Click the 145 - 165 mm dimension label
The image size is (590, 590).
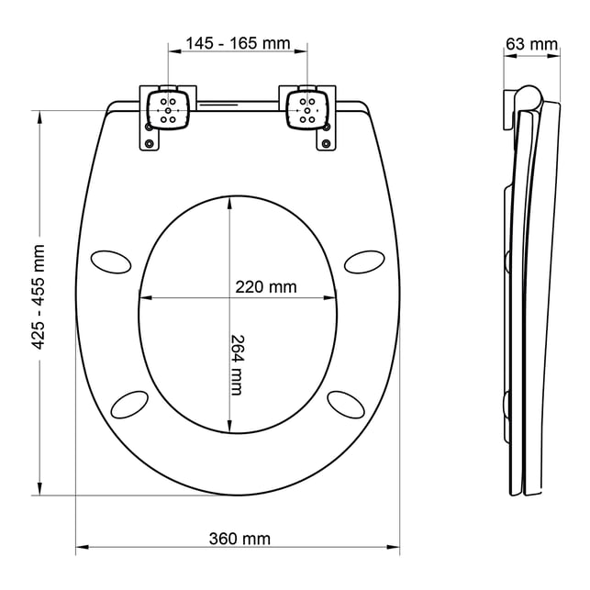(238, 44)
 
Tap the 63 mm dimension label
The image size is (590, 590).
(531, 44)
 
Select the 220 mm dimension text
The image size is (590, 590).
(266, 287)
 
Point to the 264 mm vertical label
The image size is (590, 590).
(237, 365)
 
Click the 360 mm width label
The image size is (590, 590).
(239, 539)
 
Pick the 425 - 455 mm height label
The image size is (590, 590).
(39, 297)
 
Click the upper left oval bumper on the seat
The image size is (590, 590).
(111, 262)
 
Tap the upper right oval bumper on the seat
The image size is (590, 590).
(364, 262)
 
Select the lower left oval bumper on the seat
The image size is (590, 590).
(129, 405)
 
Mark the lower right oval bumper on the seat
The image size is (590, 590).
(346, 405)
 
